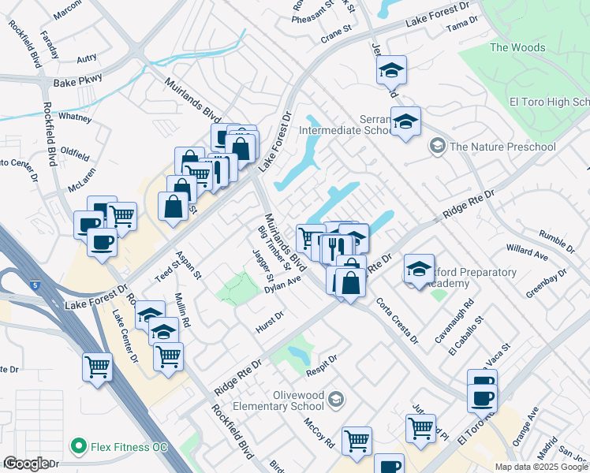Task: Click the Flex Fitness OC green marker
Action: point(79,447)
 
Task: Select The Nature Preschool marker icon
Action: point(436,147)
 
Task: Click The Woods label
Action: point(517,47)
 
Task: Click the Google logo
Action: point(26,464)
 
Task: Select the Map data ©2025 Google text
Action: point(540,467)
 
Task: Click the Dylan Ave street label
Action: point(284,285)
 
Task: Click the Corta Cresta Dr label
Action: point(397,320)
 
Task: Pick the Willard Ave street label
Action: point(527,252)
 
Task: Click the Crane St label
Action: point(334,39)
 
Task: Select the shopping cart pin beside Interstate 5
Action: point(97,366)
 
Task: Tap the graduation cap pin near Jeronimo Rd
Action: point(390,71)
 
